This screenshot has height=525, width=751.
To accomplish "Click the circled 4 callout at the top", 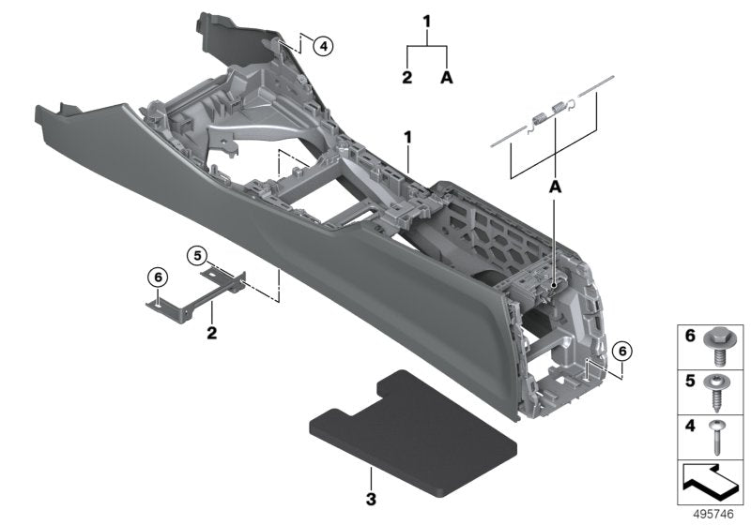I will tap(322, 44).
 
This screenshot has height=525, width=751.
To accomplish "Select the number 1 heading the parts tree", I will tap(427, 20).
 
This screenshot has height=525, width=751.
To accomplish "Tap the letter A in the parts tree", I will tap(447, 78).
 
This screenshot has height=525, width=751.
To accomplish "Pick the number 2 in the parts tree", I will tap(407, 78).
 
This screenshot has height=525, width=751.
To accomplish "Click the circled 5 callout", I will tap(195, 254).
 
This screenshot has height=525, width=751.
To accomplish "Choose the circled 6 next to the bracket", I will tap(157, 277).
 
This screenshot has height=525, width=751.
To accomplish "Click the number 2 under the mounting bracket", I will tap(212, 333).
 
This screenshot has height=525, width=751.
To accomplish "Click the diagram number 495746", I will tap(713, 514).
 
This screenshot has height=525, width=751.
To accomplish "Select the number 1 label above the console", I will tap(408, 138).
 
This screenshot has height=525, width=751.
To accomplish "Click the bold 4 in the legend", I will tap(691, 427).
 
